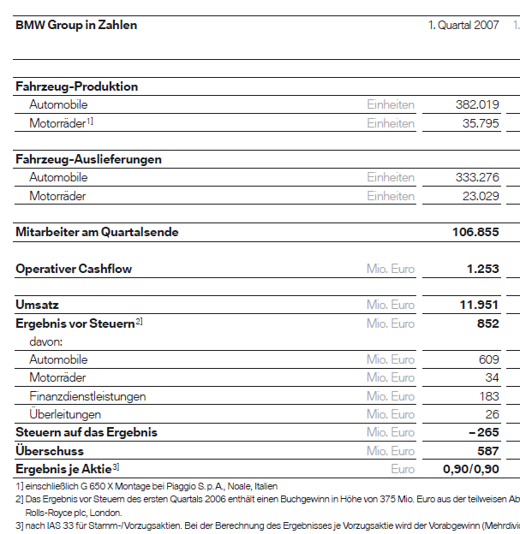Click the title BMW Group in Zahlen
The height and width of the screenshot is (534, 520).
pos(76,25)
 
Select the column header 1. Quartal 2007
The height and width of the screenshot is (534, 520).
pos(463,25)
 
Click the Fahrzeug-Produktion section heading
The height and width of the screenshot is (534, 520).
pos(76,86)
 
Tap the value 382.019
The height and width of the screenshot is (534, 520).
pos(477,104)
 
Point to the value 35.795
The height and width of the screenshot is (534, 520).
pos(481,123)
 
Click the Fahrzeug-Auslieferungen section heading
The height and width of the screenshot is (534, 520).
pos(88,159)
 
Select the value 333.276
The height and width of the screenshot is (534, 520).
pos(477,177)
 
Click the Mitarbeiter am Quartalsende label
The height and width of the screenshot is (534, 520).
pos(97,232)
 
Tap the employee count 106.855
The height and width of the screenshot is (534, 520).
pos(475,232)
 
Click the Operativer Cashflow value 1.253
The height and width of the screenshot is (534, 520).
pos(482,269)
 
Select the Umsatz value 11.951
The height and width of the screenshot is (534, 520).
pos(480,305)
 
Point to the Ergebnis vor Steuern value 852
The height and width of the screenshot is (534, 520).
pos(487,323)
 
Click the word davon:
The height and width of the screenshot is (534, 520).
pos(46,341)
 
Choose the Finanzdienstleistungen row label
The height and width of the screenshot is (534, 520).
pos(87,396)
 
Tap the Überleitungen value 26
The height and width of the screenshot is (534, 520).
pos(492,414)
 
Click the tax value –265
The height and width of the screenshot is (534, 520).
pos(483,432)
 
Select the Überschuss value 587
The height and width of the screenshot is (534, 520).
pos(487,451)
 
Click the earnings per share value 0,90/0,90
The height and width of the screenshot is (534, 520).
pos(470,469)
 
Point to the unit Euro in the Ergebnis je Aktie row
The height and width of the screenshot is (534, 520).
pos(403,469)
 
